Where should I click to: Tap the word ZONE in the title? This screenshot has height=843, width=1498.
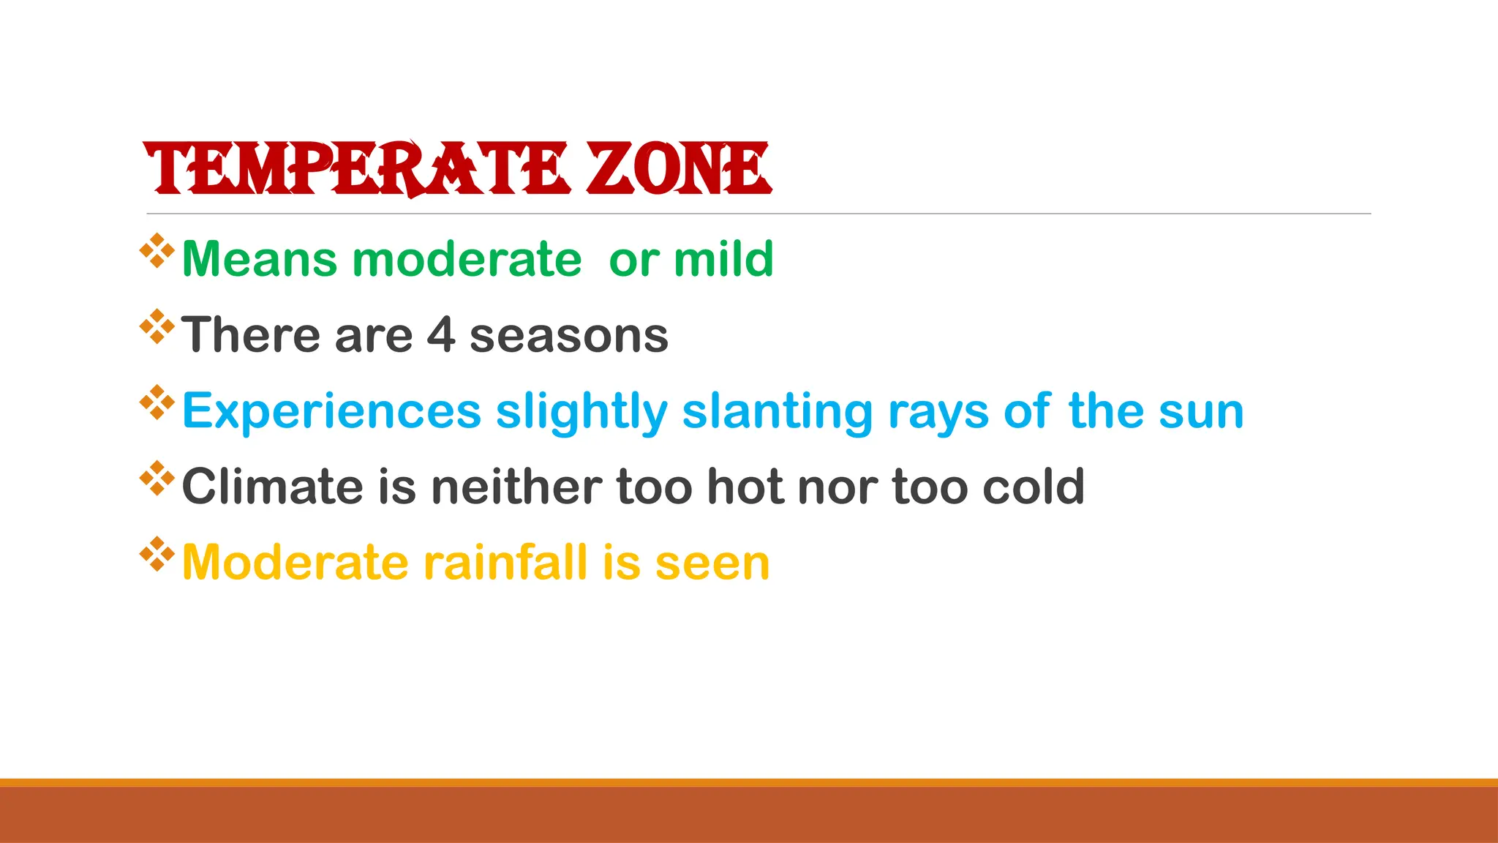click(678, 169)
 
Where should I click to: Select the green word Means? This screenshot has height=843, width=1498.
click(260, 259)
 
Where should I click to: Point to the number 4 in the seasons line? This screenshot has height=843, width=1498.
click(441, 335)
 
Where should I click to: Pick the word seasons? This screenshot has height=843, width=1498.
click(569, 337)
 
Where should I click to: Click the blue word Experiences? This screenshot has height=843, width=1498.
click(331, 411)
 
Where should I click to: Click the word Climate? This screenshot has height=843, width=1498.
click(272, 487)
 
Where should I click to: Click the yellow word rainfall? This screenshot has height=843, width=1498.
click(505, 563)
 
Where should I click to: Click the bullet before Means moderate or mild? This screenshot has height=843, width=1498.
click(157, 250)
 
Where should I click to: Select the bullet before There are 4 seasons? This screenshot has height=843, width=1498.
click(157, 326)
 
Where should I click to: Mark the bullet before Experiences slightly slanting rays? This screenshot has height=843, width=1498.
click(157, 402)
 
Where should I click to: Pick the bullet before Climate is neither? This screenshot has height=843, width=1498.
click(157, 478)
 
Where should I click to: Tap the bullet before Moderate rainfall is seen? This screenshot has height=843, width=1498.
click(157, 554)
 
